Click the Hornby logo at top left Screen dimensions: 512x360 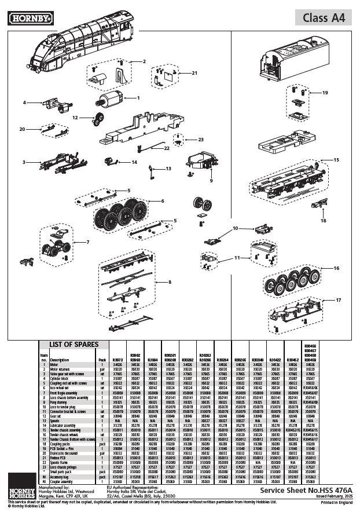[30, 18]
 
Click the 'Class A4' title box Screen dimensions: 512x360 [324, 18]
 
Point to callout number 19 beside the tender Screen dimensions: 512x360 [325, 93]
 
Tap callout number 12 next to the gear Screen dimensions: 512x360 [75, 118]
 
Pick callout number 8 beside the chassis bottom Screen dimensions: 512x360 [170, 282]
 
